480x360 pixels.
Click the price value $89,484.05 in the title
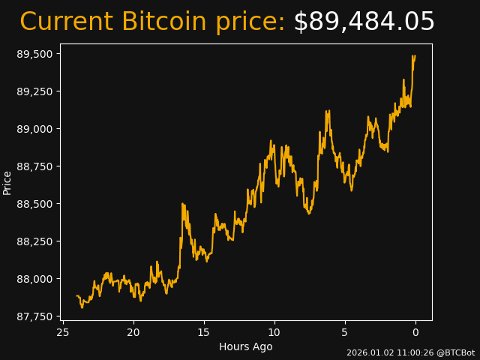(364, 22)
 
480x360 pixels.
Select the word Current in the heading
(66, 22)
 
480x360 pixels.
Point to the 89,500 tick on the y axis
(34, 54)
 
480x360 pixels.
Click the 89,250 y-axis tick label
(34, 91)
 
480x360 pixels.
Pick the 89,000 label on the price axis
(34, 129)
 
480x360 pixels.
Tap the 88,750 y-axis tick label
(34, 166)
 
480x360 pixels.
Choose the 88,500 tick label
(34, 204)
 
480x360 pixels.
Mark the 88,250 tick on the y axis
(34, 241)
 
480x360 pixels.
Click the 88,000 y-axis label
(34, 279)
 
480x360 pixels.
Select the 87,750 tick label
(34, 316)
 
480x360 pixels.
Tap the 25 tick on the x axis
(63, 332)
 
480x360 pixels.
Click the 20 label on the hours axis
(133, 332)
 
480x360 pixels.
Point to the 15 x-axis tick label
(204, 332)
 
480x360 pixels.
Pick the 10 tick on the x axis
(274, 332)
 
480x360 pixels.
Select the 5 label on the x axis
(345, 332)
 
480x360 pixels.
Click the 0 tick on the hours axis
(415, 332)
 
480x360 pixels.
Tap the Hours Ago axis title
(245, 346)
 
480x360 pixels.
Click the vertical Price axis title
(7, 182)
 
